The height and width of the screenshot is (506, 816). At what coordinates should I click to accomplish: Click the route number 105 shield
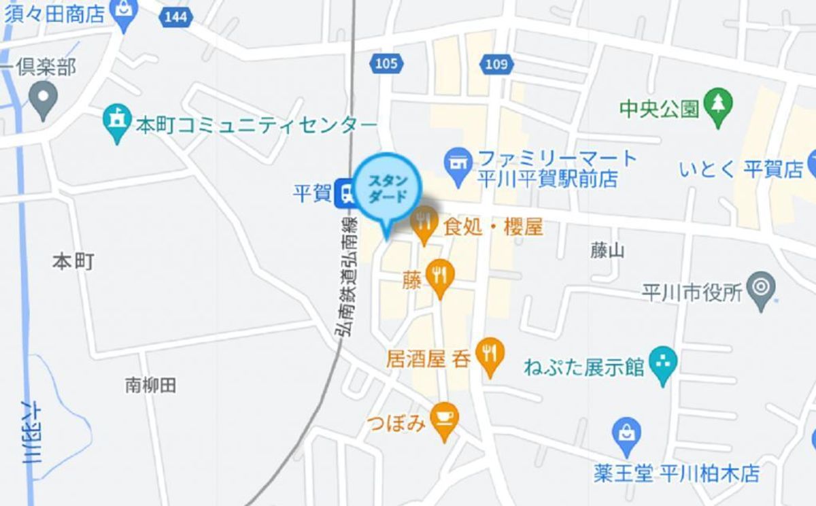(386, 64)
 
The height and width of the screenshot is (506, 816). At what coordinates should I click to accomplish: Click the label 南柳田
(151, 386)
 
